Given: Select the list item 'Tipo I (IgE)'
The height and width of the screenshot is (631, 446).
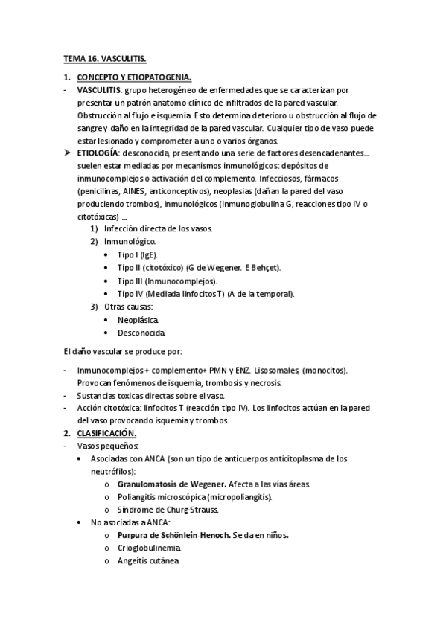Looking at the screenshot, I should click(141, 254).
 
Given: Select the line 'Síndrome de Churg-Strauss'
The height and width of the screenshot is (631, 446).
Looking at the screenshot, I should click(167, 510).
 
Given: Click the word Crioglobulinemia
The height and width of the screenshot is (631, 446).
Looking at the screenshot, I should click(149, 548).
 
